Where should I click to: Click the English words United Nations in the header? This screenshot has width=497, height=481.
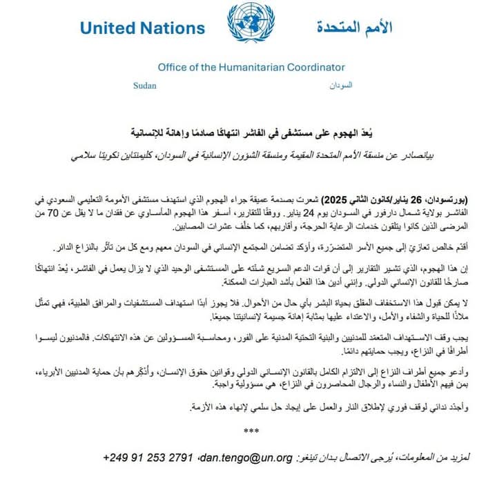[142, 28]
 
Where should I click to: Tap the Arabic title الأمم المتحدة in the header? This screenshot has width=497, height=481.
[354, 28]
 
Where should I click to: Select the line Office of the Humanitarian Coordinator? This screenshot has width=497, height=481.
[251, 68]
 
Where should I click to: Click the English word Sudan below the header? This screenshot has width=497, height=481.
[144, 86]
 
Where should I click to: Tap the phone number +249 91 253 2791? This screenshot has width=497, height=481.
[149, 458]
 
